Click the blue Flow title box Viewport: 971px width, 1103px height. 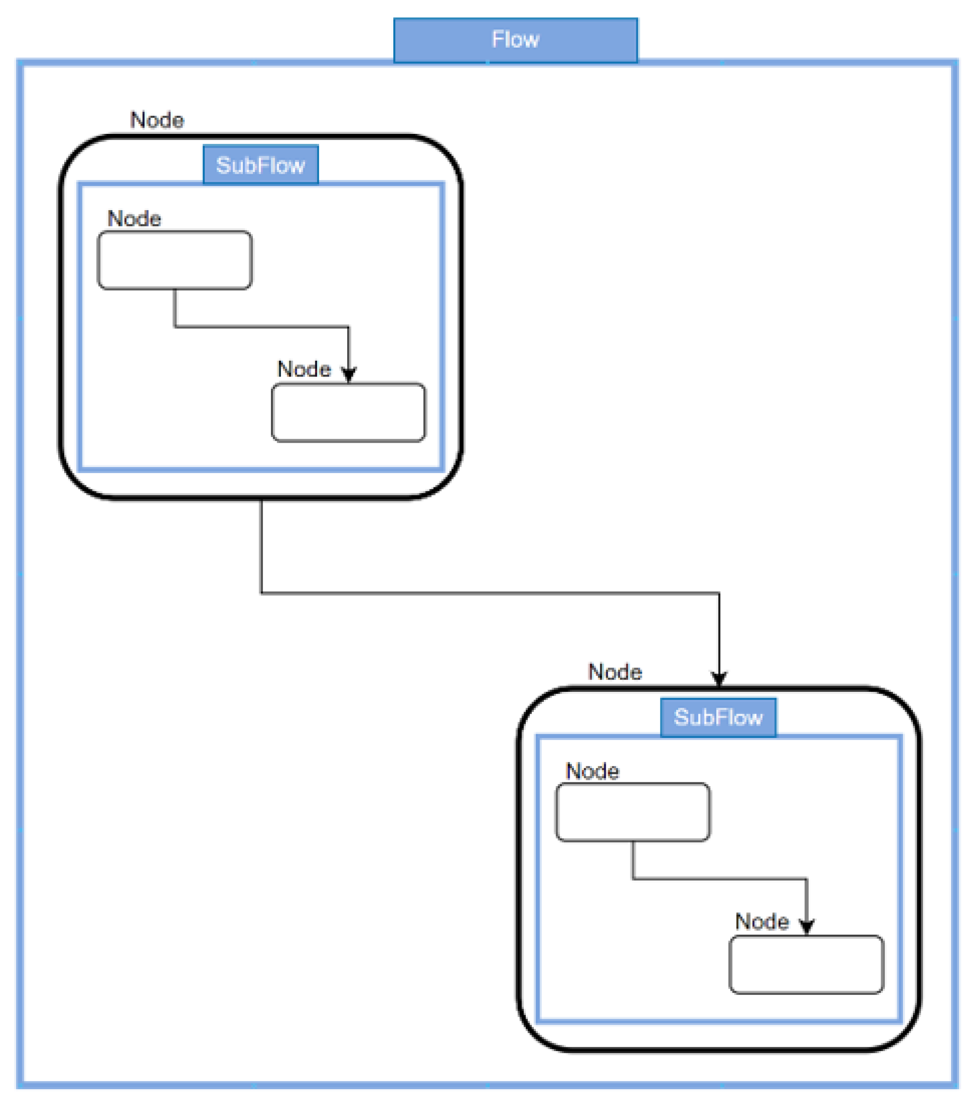pyautogui.click(x=515, y=40)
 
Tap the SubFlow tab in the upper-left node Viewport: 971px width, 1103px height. pyautogui.click(x=260, y=164)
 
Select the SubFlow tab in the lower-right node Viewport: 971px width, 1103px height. pyautogui.click(x=718, y=717)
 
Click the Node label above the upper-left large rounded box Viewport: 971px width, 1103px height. pyautogui.click(x=157, y=120)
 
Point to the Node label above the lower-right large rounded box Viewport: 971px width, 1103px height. pyautogui.click(x=614, y=672)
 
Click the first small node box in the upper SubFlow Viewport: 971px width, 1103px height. pyautogui.click(x=175, y=260)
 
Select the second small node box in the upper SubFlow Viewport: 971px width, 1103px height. pyautogui.click(x=349, y=413)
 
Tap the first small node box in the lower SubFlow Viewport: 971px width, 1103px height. pyautogui.click(x=633, y=812)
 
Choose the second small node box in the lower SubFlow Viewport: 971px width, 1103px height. pyautogui.click(x=806, y=965)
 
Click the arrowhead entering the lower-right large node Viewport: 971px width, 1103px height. pyautogui.click(x=719, y=678)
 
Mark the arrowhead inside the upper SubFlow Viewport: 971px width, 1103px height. pyautogui.click(x=349, y=374)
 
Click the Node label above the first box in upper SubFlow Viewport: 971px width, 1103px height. pyautogui.click(x=134, y=219)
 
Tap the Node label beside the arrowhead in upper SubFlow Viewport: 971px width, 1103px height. pyautogui.click(x=304, y=369)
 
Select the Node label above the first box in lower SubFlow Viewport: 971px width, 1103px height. pyautogui.click(x=592, y=771)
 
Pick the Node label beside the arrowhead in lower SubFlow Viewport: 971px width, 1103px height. pyautogui.click(x=761, y=921)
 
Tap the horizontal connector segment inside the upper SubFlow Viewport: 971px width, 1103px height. pyautogui.click(x=261, y=326)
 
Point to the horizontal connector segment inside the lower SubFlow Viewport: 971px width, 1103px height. pyautogui.click(x=719, y=879)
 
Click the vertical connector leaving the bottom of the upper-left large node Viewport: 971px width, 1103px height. pyautogui.click(x=261, y=545)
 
